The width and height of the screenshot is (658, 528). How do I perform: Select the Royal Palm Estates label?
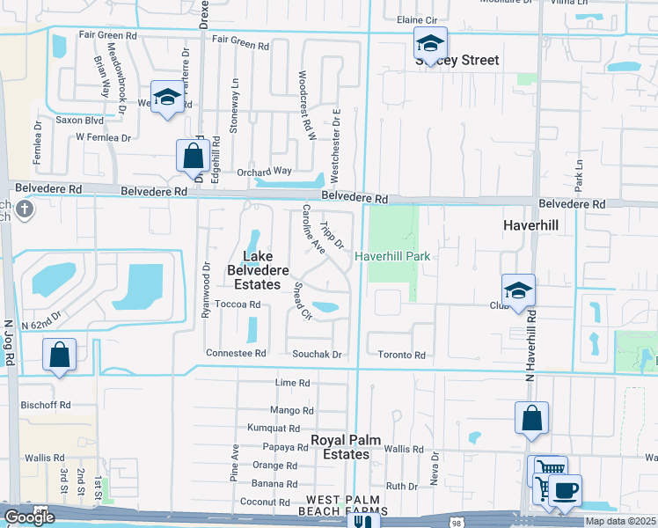tap(338, 446)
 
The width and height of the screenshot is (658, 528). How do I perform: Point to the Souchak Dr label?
tap(316, 354)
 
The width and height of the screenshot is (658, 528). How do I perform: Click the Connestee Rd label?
tap(235, 353)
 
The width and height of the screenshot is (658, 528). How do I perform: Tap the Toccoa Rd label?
tap(238, 304)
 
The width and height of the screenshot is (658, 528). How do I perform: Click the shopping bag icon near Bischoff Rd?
tap(59, 356)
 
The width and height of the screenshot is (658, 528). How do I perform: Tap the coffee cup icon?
tap(565, 490)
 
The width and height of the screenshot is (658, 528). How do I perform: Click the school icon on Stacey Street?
tap(430, 43)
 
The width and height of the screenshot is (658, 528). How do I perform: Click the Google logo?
tap(29, 517)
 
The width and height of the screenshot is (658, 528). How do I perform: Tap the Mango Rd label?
tap(294, 410)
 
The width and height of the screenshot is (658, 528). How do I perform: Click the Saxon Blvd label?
tap(79, 120)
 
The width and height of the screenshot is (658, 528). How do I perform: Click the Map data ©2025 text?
tap(620, 521)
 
